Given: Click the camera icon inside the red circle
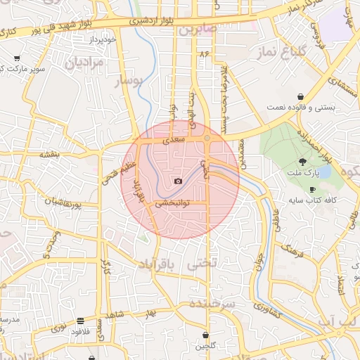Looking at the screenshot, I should pos(177,181).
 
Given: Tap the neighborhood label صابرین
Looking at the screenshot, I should pos(198,30).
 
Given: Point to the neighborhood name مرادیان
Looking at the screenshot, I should pos(85,62).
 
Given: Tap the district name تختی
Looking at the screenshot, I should pos(203,262).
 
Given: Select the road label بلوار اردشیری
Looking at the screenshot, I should pos(157,21).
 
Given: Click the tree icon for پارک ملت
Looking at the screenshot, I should pos(302,161).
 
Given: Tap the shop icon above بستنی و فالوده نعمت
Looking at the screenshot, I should pos(301,96).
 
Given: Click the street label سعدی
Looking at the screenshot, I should pos(173,141).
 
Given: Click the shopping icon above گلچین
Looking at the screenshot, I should pos(205,335).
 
